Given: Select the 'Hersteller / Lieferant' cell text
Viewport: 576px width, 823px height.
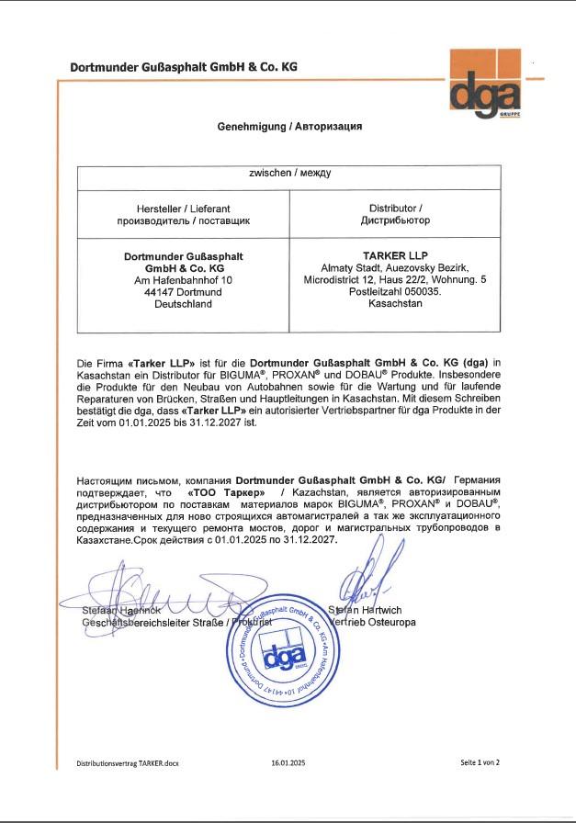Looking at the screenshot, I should [183, 209].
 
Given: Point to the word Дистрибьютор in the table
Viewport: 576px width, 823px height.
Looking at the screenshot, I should [394, 221].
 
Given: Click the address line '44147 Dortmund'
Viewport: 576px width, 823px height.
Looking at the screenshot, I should [183, 291].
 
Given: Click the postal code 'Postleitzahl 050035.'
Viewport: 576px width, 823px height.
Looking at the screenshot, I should [395, 291].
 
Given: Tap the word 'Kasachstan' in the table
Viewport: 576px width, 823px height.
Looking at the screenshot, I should [395, 303].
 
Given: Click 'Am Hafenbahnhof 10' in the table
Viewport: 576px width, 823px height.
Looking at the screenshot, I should [183, 279].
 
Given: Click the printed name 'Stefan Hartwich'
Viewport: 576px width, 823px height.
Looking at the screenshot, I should [365, 609].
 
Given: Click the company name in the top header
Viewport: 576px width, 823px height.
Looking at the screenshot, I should [184, 67].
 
